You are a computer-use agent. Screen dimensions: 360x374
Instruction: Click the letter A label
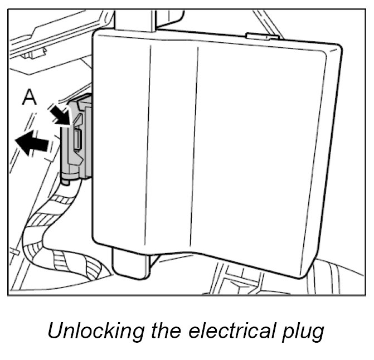click(x=29, y=98)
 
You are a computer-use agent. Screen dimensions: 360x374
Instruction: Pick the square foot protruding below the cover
click(x=132, y=262)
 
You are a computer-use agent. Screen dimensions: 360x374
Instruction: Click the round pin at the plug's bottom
click(x=66, y=180)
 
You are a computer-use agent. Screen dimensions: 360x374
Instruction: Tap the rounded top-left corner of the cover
click(x=99, y=38)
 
